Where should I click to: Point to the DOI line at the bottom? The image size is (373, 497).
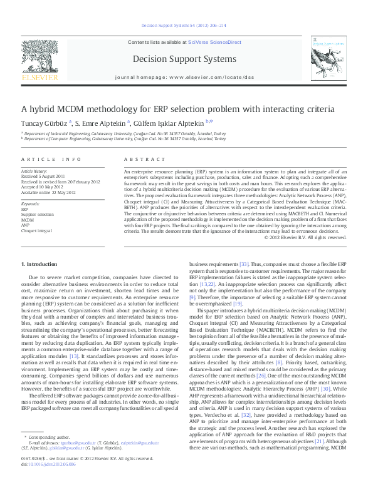coord(50,481)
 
